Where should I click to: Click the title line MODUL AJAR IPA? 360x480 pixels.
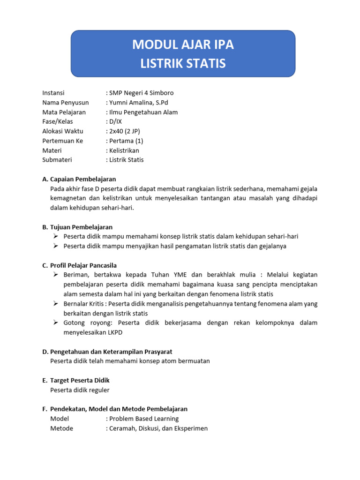pos(183,45)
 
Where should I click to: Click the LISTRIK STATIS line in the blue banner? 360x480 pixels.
pos(183,63)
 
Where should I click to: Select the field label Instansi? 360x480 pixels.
pos(53,93)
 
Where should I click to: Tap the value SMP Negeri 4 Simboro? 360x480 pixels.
pos(141,93)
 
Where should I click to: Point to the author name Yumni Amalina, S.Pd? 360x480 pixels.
pos(140,103)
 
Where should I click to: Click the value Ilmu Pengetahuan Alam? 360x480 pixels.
pos(143,112)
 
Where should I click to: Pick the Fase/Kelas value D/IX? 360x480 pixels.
pos(115,121)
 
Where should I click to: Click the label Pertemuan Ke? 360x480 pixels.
pos(62,141)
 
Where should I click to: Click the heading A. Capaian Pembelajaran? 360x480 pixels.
pos(79,179)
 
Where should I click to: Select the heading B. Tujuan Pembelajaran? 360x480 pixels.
pos(77,227)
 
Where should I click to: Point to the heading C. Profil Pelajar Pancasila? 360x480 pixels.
pos(80,265)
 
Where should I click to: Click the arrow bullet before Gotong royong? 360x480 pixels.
pos(55,323)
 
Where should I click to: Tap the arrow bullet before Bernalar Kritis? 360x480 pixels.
pos(55,304)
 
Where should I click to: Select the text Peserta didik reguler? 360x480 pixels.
pos(80,390)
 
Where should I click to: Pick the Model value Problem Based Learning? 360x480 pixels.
pos(143,419)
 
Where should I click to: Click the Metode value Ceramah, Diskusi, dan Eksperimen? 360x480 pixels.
pos(158,428)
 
